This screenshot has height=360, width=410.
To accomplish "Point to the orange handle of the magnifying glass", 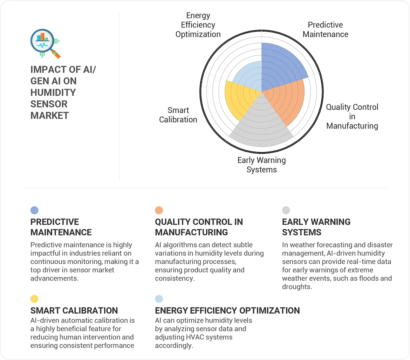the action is click(x=56, y=54).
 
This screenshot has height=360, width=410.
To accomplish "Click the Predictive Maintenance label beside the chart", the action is click(x=325, y=29).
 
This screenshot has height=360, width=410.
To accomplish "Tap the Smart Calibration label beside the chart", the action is click(x=178, y=115).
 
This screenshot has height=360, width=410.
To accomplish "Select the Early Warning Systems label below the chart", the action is click(x=261, y=165).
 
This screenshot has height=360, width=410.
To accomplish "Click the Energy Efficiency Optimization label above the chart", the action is click(x=198, y=25).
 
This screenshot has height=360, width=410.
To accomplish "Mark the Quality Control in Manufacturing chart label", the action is click(x=352, y=116).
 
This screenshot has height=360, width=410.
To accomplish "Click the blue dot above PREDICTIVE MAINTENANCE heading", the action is click(x=34, y=210).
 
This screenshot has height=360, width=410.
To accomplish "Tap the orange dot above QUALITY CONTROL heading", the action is click(x=159, y=210).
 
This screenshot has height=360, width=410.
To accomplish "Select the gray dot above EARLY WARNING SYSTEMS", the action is click(x=286, y=210).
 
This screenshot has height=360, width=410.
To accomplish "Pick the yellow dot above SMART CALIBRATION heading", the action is click(x=34, y=299).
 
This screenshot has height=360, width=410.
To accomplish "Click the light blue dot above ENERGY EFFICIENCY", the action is click(x=159, y=299).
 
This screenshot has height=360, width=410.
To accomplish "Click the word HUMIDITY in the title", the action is click(x=53, y=92).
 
